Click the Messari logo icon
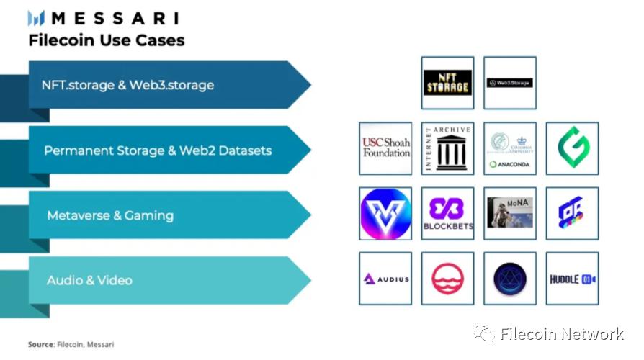pos(36,18)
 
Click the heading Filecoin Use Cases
pos(107,40)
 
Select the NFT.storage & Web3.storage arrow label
pos(128,85)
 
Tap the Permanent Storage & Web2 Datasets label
pos(158,150)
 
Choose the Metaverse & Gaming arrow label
pos(110,215)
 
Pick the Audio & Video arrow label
pos(89,280)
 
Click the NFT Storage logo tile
pos(447,83)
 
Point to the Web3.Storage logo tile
pos(510,83)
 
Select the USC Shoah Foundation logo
pos(385,148)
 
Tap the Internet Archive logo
pos(447,148)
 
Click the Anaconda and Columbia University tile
pos(510,148)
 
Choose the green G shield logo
pos(573,148)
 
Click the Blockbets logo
pos(447,214)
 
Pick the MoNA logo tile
pos(510,214)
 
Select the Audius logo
pos(385,279)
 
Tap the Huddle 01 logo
pos(573,279)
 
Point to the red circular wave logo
pos(447,279)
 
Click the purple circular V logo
pos(385,214)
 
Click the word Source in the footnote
pos(40,345)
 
